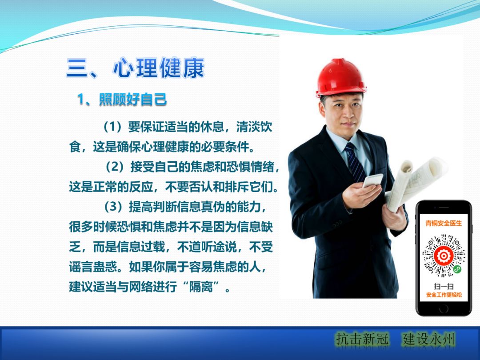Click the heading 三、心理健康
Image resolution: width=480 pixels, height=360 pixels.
pos(136,68)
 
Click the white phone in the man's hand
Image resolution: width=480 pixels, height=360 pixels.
pos(373,180)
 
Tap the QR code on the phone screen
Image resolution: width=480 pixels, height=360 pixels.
pos(443,256)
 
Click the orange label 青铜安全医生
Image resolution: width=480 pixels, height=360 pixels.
pos(443,223)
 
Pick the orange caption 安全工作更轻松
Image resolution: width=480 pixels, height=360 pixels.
pos(443,295)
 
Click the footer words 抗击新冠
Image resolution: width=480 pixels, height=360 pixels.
pos(362,339)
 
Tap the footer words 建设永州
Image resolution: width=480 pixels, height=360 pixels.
pos(429,339)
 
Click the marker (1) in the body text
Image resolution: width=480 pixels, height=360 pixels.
pos(113,127)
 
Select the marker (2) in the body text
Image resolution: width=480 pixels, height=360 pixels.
pos(115,167)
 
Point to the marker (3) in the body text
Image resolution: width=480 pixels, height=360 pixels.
pos(113,207)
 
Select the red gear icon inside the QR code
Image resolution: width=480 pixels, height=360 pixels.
pos(443,256)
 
